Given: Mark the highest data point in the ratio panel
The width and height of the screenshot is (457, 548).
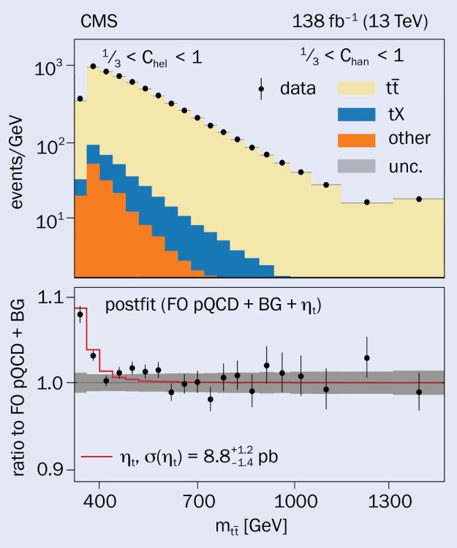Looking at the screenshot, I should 80,314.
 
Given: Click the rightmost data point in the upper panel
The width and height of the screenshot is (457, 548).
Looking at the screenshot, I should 419,199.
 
